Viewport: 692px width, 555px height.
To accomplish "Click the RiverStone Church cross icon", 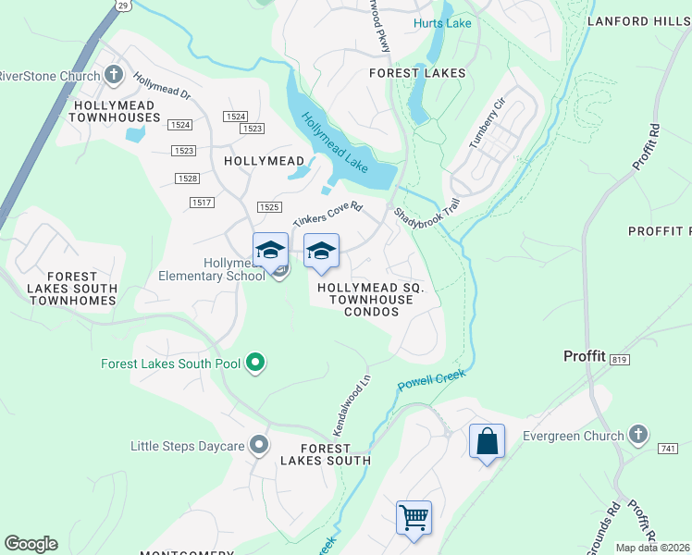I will point(114,75).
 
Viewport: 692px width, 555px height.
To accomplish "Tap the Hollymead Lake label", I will point(334,144).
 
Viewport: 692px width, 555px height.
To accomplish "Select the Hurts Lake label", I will point(443,23).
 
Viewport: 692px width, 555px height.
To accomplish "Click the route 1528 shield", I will point(188,179).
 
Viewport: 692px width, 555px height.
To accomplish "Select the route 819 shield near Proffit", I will point(619,359).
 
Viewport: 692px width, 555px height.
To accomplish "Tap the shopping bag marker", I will point(488,441).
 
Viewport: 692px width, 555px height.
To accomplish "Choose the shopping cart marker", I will point(414,516).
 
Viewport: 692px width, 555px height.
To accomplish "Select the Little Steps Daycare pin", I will point(260,446).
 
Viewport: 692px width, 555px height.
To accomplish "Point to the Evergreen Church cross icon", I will point(637,434).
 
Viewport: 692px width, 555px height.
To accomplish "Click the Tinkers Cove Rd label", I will point(327,215).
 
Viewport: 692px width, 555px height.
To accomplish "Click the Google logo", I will point(31,544).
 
